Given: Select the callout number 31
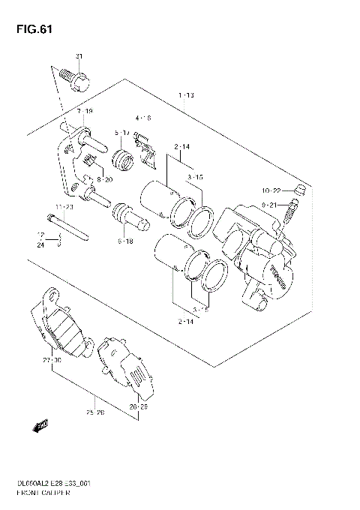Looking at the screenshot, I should click(x=79, y=57).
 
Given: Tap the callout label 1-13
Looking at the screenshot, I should click(x=186, y=95).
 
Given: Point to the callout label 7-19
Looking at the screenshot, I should click(x=84, y=111).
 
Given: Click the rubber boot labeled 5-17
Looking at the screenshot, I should click(x=122, y=158).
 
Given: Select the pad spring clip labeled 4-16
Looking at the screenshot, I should click(x=145, y=152).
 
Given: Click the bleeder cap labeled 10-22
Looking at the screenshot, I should click(x=298, y=189).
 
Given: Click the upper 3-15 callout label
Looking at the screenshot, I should click(x=196, y=177).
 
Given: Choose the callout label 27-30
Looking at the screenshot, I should click(x=52, y=361).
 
